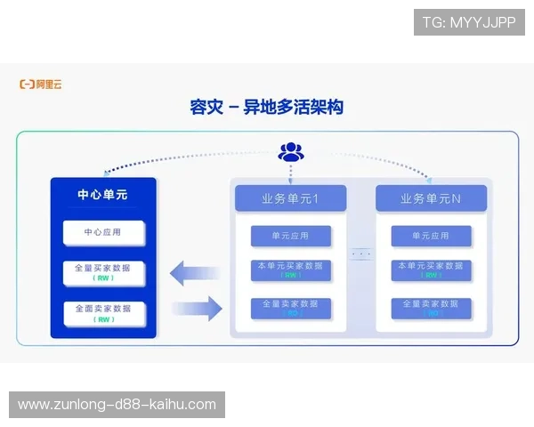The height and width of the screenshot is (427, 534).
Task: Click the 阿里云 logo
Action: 41,85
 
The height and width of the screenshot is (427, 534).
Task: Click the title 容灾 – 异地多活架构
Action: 266,108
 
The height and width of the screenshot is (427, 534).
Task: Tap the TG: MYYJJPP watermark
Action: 469,22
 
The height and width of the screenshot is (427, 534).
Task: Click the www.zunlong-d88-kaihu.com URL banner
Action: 117,405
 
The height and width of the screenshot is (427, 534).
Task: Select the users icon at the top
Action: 291,152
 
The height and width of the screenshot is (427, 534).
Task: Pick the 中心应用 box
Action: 102,233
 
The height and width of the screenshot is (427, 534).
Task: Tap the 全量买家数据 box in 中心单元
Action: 102,272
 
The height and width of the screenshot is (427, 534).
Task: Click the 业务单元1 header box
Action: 290,198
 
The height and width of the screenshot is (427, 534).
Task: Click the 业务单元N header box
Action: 431,198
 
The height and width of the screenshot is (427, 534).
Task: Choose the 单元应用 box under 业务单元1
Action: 290,236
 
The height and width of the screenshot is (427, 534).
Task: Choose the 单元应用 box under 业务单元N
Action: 431,236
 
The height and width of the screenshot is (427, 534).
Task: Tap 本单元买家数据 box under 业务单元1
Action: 290,270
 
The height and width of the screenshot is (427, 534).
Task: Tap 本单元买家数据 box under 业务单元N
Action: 431,270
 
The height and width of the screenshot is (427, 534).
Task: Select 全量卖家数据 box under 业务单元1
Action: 290,308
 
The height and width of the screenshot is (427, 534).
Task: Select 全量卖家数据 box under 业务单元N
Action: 431,308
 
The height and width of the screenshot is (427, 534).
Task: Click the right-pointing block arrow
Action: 197,310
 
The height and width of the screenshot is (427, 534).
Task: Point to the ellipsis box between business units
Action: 360,254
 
